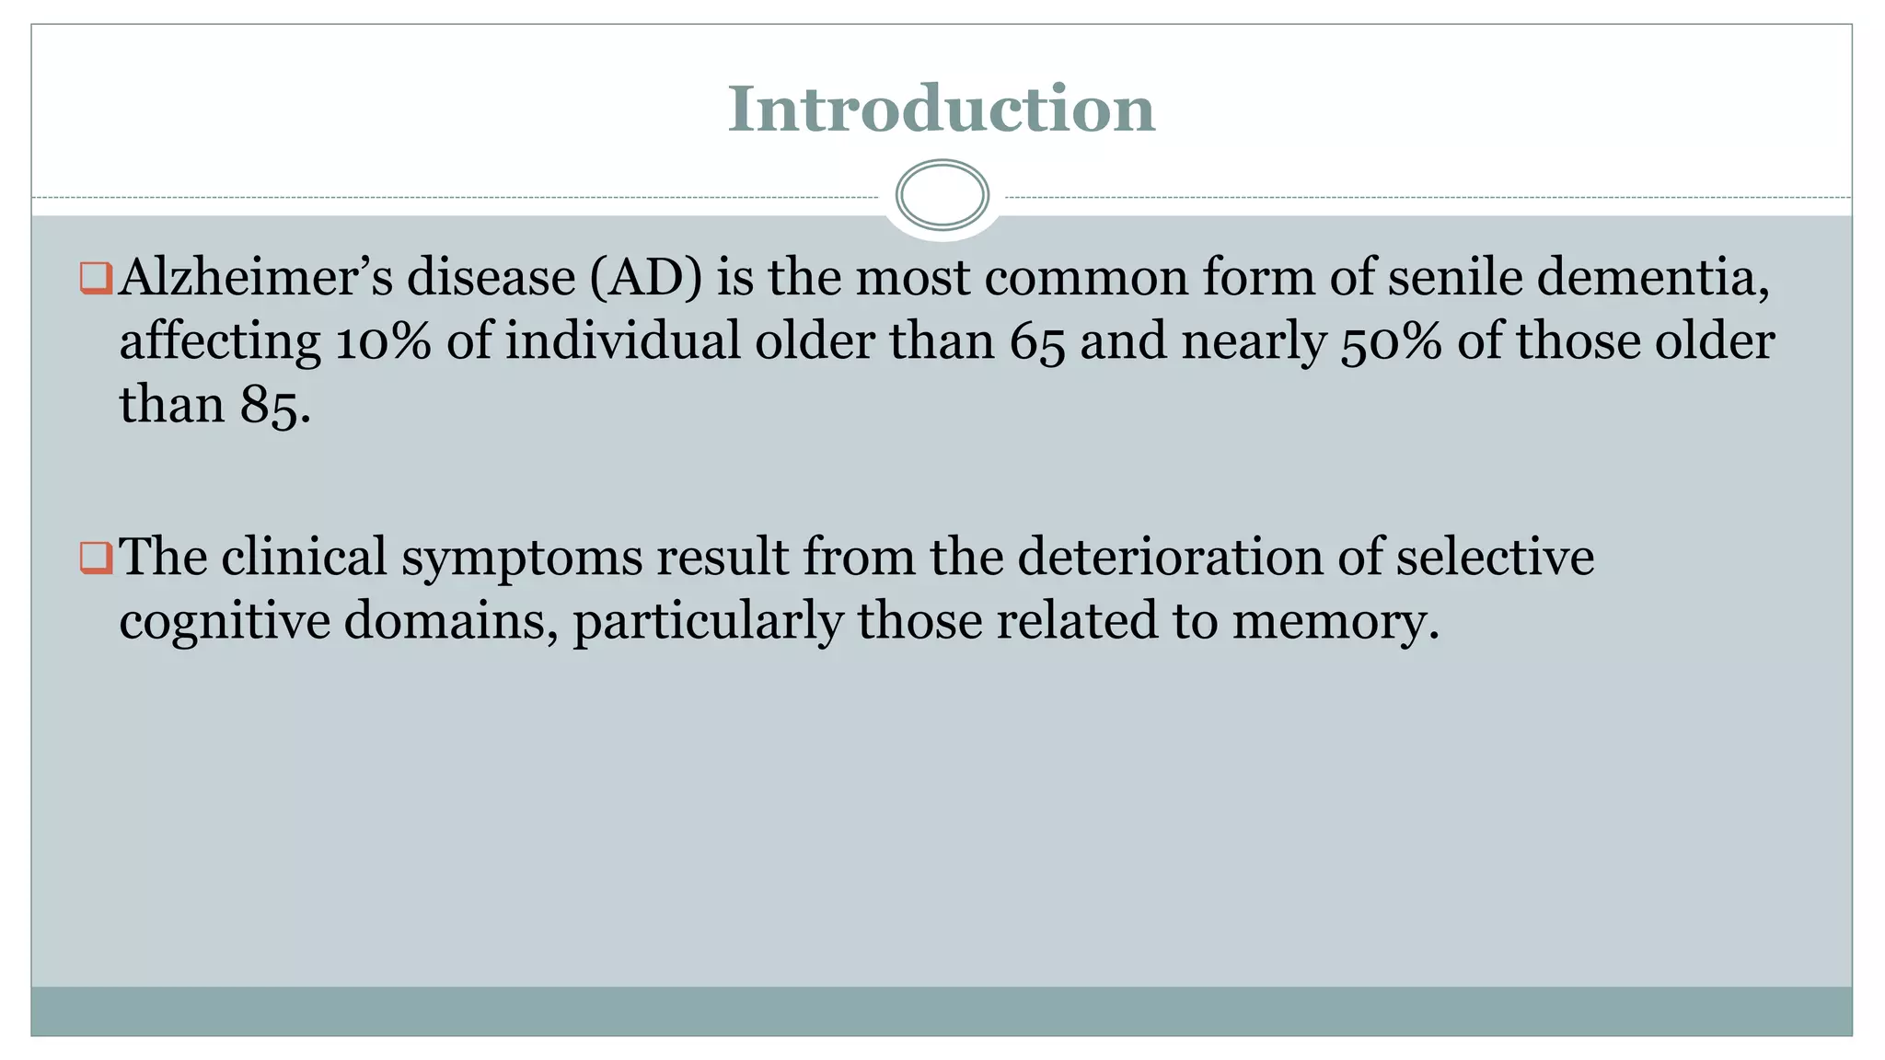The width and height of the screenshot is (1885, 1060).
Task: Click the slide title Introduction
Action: coord(941,109)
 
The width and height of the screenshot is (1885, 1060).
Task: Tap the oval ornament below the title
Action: coord(942,195)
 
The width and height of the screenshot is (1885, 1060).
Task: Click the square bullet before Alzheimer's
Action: coord(96,278)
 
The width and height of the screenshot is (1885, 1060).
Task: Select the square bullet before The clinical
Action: coord(96,558)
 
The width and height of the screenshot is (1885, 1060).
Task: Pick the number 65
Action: coord(1037,342)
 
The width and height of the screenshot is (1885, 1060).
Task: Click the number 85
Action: coord(273,405)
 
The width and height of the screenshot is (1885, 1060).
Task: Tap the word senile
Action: coord(1455,277)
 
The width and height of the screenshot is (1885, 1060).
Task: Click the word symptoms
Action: coord(522,558)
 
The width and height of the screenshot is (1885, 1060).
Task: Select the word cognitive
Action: coord(225,621)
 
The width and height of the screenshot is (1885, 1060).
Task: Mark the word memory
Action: coord(1334,622)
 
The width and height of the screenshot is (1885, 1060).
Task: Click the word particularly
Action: coord(708,622)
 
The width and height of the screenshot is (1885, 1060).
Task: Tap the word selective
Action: coord(1495,557)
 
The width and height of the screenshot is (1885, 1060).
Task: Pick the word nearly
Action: coord(1254,342)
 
